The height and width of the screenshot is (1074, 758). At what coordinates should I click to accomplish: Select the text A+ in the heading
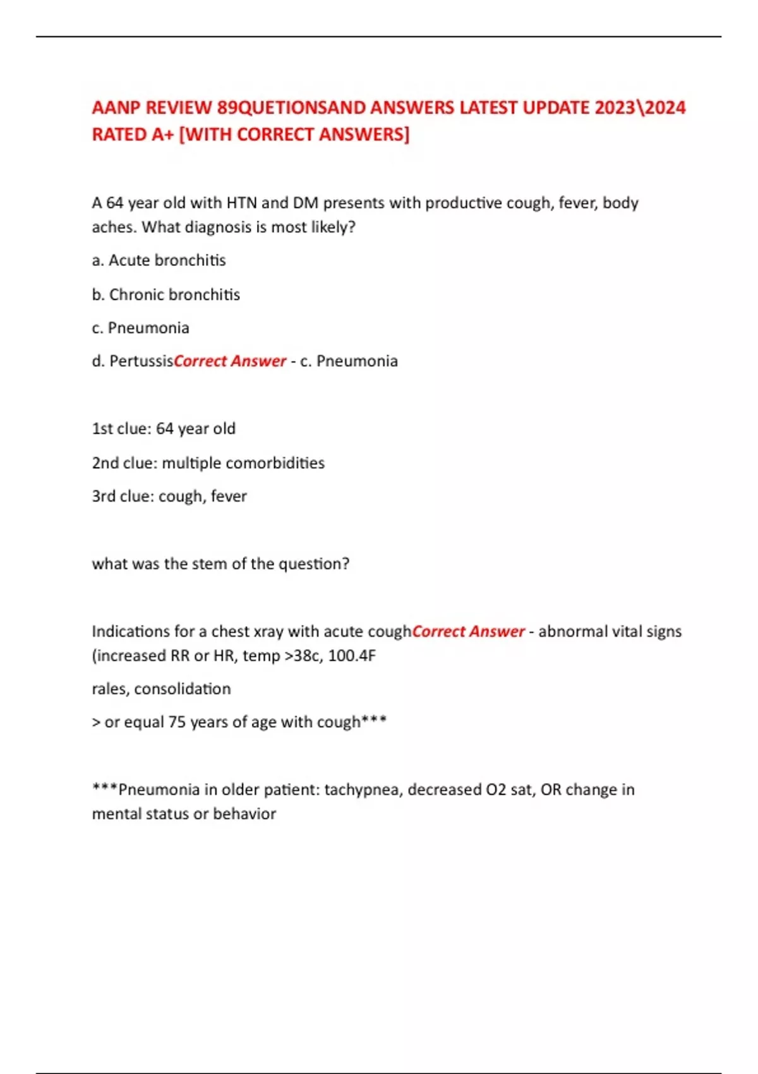pos(163,135)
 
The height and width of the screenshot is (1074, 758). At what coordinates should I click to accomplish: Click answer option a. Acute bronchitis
pos(159,260)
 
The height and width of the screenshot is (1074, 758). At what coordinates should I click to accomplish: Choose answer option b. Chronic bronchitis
pos(165,294)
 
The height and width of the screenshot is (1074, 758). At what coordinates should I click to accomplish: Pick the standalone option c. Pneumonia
pos(140,328)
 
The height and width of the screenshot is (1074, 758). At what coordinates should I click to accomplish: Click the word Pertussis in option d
pos(141,361)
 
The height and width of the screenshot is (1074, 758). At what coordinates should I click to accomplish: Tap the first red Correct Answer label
pos(230,361)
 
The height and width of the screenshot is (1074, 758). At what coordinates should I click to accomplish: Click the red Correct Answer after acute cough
pos(468,631)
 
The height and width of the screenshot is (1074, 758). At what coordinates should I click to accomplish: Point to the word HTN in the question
pos(241,203)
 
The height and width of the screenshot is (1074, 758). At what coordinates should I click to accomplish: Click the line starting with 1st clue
pos(164,428)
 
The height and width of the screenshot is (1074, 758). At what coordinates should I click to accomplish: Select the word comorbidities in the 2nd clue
pos(275,463)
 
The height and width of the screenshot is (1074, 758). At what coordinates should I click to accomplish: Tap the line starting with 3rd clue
pos(169,497)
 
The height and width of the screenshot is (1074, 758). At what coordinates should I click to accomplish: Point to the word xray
pos(268,632)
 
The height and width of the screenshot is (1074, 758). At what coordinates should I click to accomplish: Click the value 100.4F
pos(352,656)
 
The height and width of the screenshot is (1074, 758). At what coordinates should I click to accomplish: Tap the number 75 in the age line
pos(177,722)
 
